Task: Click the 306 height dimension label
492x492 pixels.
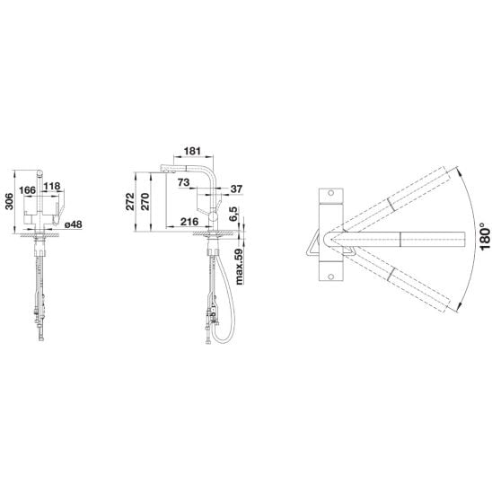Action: (9, 201)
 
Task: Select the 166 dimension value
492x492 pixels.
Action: (28, 190)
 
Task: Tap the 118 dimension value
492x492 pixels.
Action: (52, 186)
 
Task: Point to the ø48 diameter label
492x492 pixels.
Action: (73, 224)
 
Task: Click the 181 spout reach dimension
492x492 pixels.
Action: (192, 151)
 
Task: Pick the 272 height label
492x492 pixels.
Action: (129, 201)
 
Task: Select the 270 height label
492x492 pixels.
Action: (145, 201)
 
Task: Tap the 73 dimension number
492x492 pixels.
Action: (183, 182)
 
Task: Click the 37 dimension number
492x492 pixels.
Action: (236, 189)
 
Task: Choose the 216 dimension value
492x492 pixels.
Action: (189, 222)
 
